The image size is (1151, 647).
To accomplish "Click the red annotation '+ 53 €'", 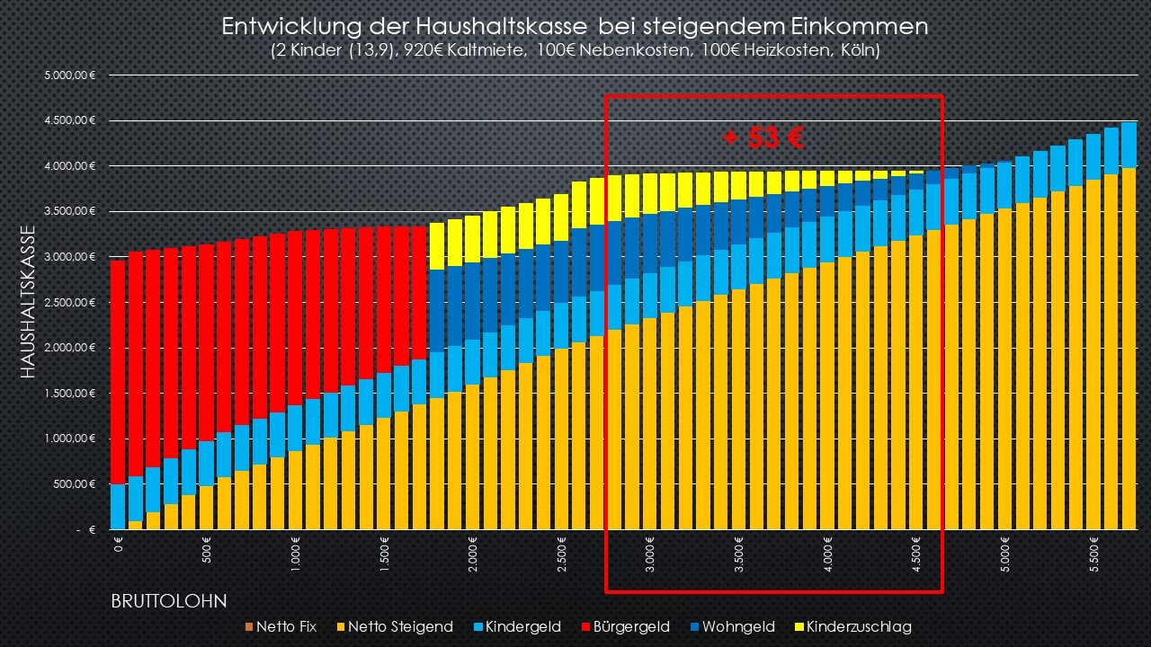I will point(763,137).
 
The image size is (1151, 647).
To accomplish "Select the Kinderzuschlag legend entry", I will point(851,626).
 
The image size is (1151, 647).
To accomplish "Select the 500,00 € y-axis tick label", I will point(74,484).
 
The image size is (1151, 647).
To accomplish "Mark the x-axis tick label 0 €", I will point(118,545).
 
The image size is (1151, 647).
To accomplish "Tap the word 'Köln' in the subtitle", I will point(858,51).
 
